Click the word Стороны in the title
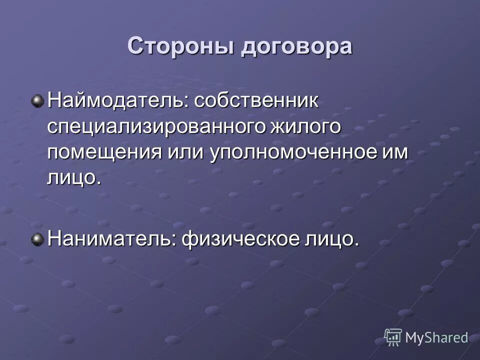coord(180,46)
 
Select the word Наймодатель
coord(115,100)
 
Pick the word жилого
coord(305,127)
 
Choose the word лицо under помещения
coord(71,178)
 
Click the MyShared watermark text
coord(436,337)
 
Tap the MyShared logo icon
coord(393,337)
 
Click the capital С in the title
coord(136,46)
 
